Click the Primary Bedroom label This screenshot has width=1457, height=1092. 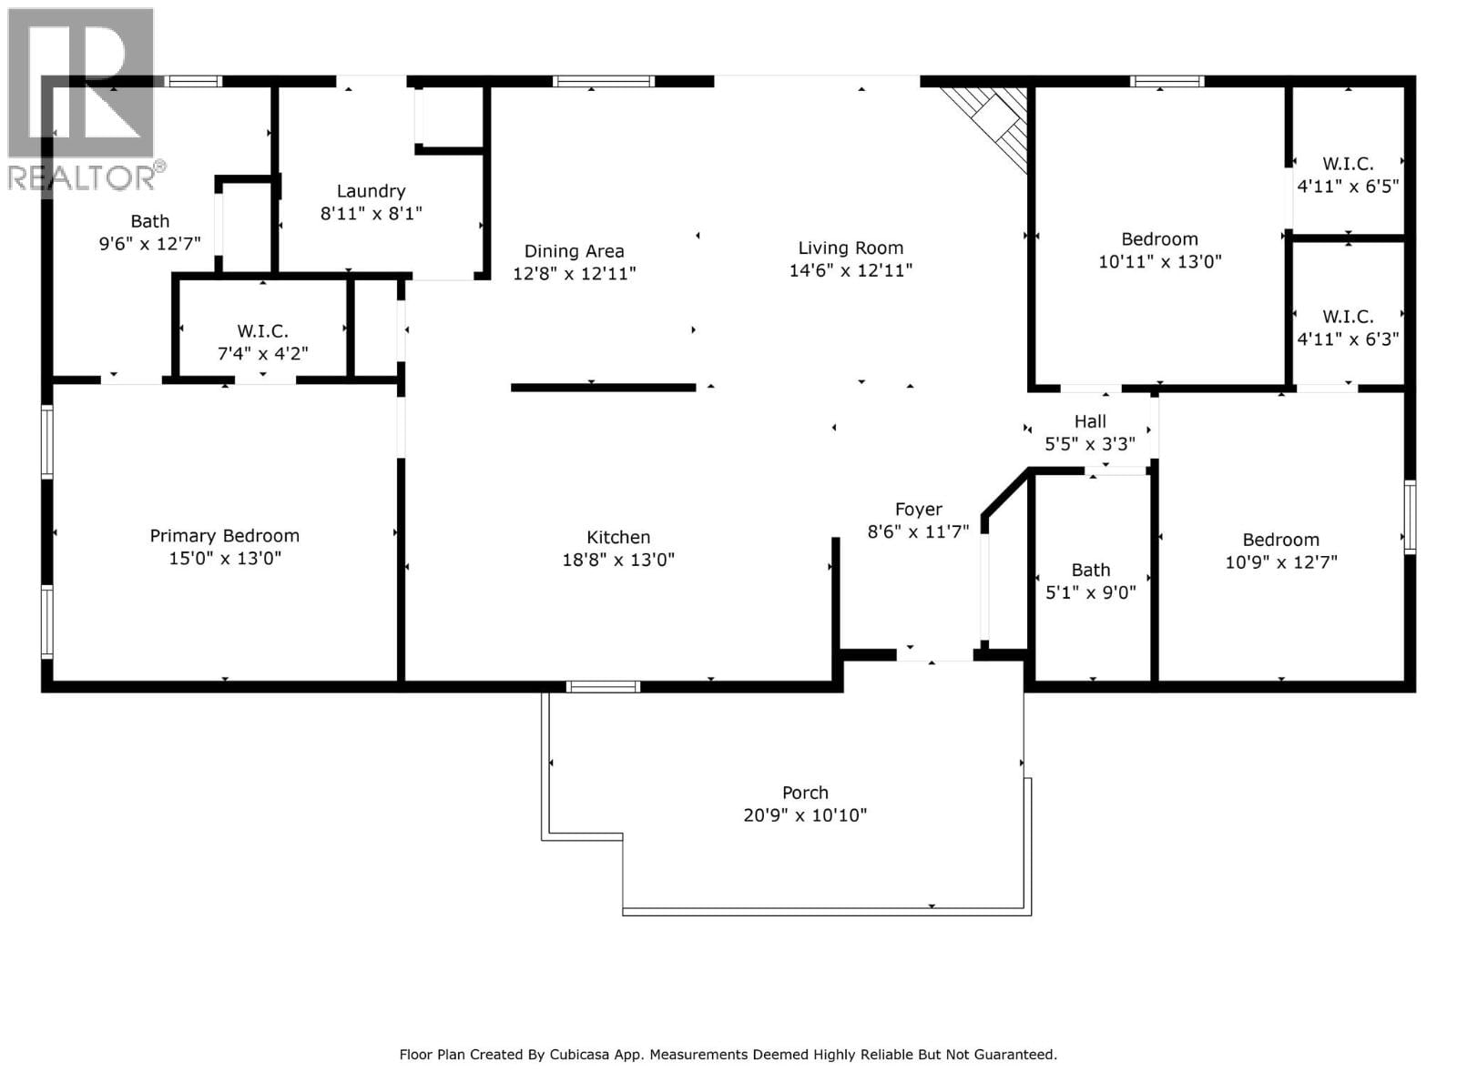pos(224,536)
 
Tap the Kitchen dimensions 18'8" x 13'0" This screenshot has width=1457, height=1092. pos(618,560)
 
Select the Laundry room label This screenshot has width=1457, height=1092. pos(371,191)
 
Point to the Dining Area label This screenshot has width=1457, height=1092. pos(574,251)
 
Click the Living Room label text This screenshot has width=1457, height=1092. pos(851,248)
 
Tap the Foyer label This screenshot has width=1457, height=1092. pos(918,510)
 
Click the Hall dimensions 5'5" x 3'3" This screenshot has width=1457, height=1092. pos(1090,444)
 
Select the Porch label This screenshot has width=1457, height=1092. pos(805,793)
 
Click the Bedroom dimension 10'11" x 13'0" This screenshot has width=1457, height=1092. pos(1159,262)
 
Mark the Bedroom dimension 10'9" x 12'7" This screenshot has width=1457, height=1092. pos(1280,562)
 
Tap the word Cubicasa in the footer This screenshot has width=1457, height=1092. pos(584,1055)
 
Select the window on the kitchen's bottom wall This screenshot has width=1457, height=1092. pos(603,686)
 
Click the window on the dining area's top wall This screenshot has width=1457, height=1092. pos(603,81)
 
